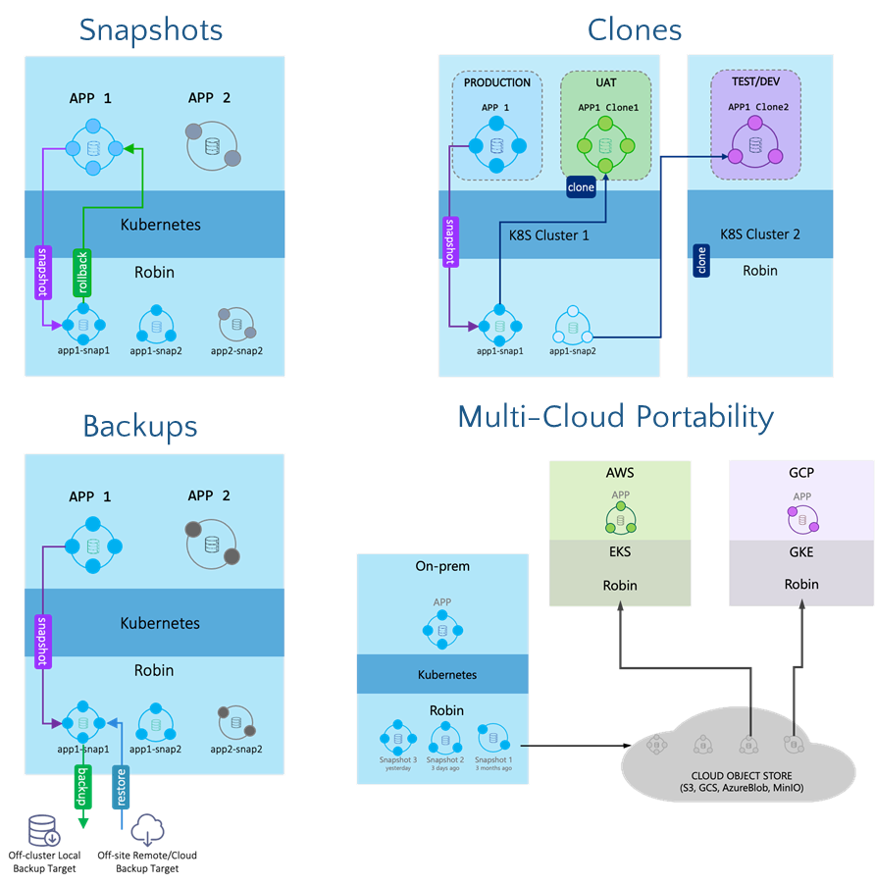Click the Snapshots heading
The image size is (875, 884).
pyautogui.click(x=151, y=29)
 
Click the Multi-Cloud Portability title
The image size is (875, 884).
pyautogui.click(x=615, y=417)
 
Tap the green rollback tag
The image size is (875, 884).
pyautogui.click(x=82, y=274)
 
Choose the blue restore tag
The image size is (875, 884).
pyautogui.click(x=122, y=786)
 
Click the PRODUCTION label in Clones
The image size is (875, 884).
pyautogui.click(x=497, y=82)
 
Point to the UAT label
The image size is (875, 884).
pyautogui.click(x=605, y=82)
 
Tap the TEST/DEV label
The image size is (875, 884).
pyautogui.click(x=755, y=82)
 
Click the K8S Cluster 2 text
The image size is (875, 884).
pyautogui.click(x=760, y=234)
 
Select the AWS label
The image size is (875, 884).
pyautogui.click(x=620, y=473)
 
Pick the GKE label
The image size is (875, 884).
pyautogui.click(x=801, y=551)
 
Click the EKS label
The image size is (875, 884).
pyautogui.click(x=620, y=551)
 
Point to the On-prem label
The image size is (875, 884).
pyautogui.click(x=442, y=566)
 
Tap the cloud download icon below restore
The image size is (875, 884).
pyautogui.click(x=147, y=830)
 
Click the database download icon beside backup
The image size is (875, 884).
pyautogui.click(x=44, y=831)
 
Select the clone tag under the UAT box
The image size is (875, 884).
pyautogui.click(x=581, y=186)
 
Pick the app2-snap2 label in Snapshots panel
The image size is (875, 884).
pyautogui.click(x=235, y=350)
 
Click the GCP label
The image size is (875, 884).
pyautogui.click(x=801, y=473)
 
